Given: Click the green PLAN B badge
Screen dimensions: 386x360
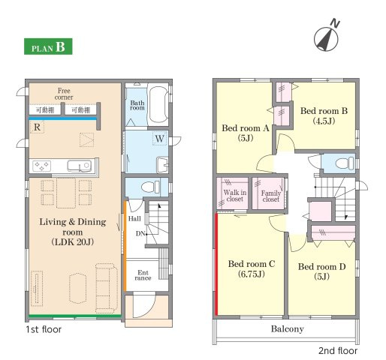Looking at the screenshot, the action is [x=48, y=46].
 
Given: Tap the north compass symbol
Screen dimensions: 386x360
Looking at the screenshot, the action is [x=327, y=37].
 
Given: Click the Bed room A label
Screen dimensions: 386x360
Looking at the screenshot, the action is [x=246, y=133].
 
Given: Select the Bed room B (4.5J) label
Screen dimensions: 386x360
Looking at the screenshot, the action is [x=324, y=115].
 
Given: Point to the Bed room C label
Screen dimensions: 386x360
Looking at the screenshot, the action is [x=252, y=268].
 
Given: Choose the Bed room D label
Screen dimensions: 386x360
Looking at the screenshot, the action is [x=321, y=271].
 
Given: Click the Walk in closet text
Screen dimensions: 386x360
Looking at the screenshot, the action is [x=235, y=196].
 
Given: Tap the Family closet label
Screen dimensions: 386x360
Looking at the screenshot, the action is [x=271, y=196].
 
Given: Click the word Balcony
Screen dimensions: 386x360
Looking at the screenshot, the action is [x=288, y=329].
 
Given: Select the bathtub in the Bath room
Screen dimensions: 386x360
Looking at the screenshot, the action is [x=158, y=105].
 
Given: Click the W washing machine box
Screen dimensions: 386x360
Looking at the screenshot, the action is [x=160, y=138].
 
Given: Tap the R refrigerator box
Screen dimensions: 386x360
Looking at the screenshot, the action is [x=37, y=127].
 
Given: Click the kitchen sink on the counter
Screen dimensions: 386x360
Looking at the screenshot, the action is [x=79, y=166].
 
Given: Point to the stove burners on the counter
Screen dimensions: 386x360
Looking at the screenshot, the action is [x=41, y=166].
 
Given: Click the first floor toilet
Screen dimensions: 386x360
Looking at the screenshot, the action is [x=150, y=187].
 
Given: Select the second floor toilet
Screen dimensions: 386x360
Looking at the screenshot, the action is [x=345, y=163].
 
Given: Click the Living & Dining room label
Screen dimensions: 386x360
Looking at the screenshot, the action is [x=73, y=232].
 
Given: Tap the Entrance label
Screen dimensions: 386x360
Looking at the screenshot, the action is [x=143, y=275].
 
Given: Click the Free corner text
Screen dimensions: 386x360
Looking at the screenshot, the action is [x=64, y=94].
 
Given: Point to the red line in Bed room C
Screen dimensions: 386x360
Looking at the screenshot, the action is [x=216, y=264].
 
